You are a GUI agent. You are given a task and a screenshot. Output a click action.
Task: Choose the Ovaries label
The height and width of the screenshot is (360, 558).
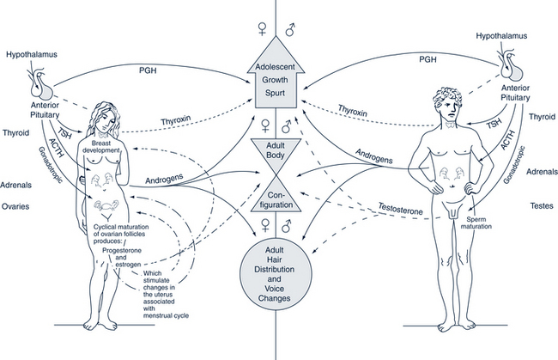click(18, 206)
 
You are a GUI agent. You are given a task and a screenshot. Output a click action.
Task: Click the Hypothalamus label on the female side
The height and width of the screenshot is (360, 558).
click(32, 53)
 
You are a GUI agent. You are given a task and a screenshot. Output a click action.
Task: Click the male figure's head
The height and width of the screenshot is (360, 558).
click(446, 105)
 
